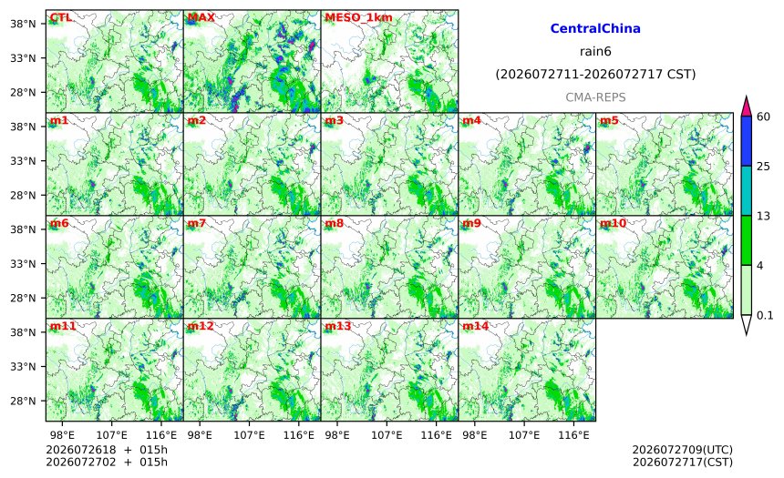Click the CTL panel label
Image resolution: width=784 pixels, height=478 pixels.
click(x=60, y=18)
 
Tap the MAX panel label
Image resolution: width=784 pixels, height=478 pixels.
click(x=201, y=18)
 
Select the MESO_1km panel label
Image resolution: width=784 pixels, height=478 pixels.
click(x=358, y=18)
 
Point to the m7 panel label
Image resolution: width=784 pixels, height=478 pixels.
click(x=197, y=223)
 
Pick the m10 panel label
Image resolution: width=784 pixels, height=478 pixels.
click(x=613, y=223)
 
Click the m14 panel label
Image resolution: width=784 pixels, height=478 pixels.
click(x=475, y=326)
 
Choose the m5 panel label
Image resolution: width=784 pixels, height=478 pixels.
click(x=609, y=120)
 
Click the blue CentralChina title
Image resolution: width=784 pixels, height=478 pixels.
click(x=595, y=28)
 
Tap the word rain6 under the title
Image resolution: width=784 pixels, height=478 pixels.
click(x=595, y=52)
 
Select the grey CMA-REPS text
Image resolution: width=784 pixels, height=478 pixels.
click(x=595, y=97)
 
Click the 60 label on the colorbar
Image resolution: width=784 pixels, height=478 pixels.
click(x=764, y=117)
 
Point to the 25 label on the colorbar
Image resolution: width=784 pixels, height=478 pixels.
click(x=764, y=167)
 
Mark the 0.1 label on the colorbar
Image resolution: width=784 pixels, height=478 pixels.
click(x=765, y=315)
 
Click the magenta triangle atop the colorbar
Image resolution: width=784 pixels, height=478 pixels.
click(x=746, y=107)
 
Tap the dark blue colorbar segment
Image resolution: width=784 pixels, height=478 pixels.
click(x=746, y=141)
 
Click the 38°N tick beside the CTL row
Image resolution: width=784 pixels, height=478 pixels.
click(x=23, y=24)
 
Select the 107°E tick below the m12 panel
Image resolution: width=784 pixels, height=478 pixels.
click(x=249, y=435)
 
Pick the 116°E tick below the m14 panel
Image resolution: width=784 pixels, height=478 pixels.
click(x=573, y=435)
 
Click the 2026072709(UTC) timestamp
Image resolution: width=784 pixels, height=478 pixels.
click(x=683, y=450)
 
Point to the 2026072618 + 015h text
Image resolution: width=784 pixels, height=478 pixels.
click(x=107, y=450)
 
